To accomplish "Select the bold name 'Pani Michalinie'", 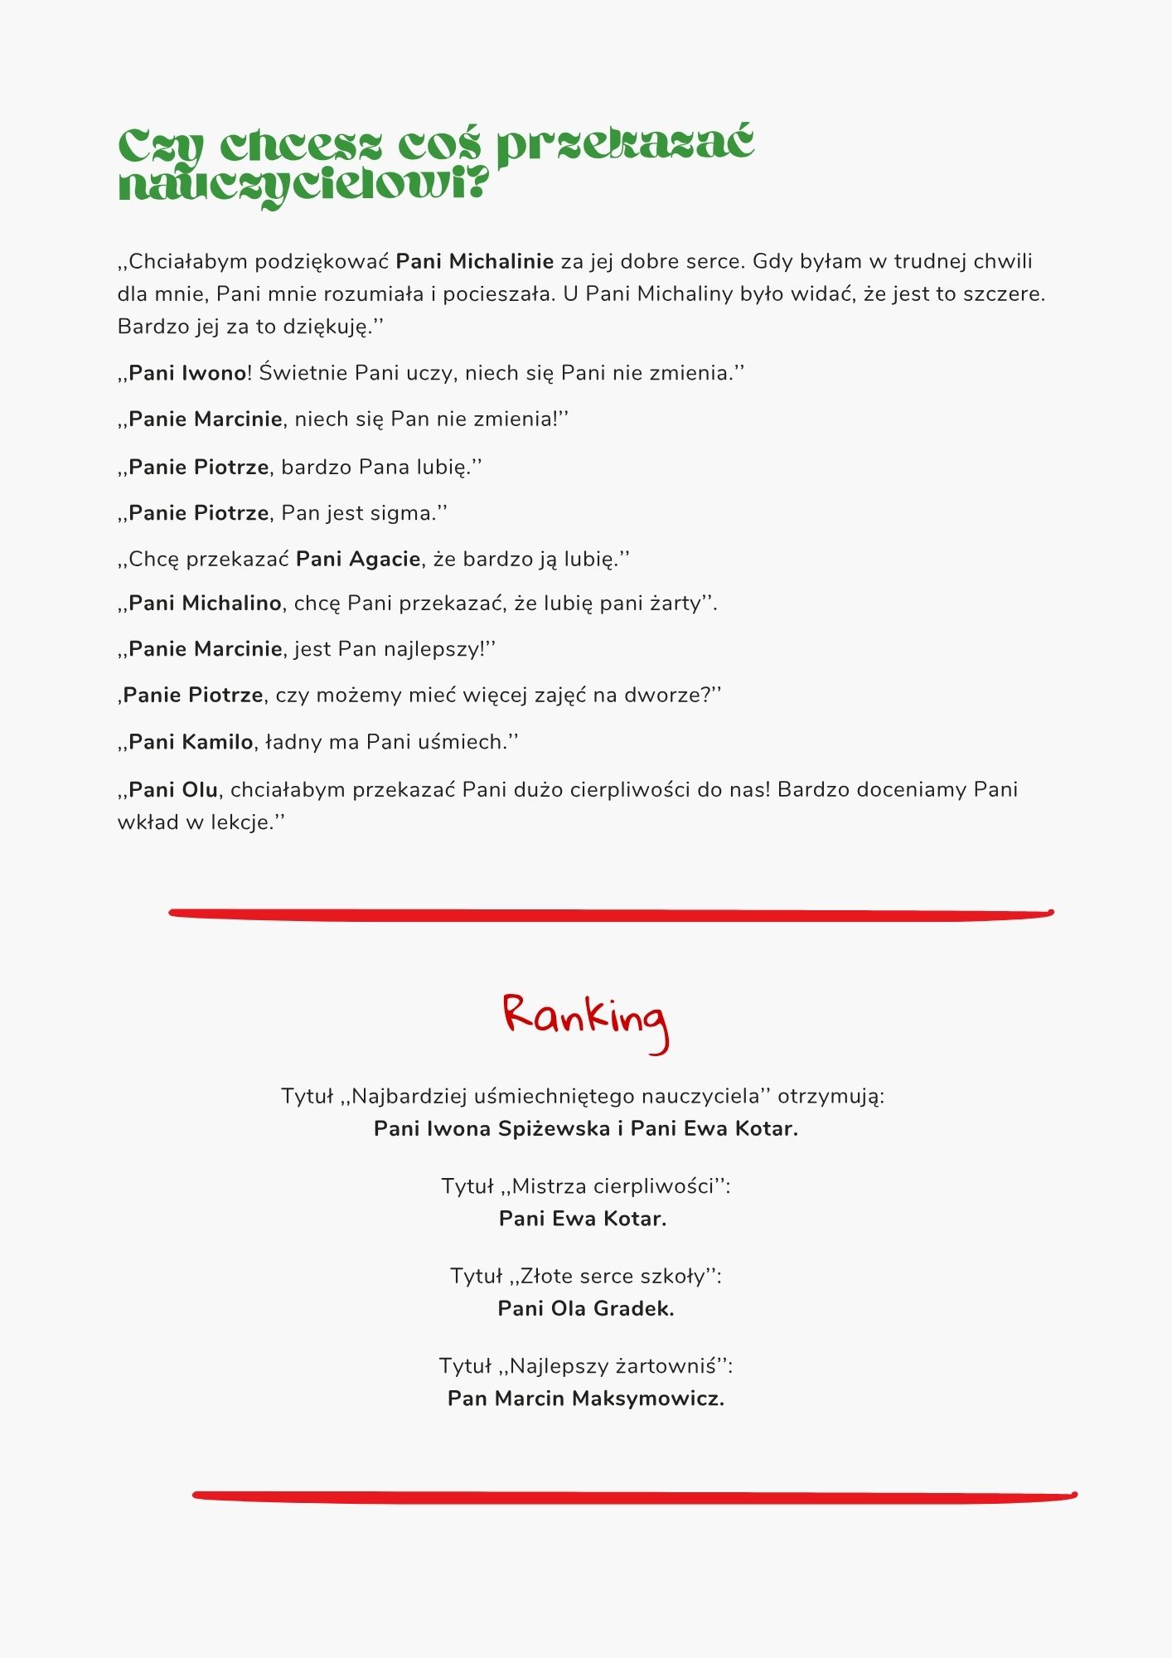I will click(474, 262).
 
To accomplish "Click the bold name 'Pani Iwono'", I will click(187, 373).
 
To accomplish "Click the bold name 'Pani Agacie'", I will click(358, 559).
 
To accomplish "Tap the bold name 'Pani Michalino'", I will click(205, 604).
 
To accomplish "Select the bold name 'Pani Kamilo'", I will click(191, 742).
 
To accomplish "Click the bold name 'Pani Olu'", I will click(173, 789).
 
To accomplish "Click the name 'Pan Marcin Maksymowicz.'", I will click(586, 1399).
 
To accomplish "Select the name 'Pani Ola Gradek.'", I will click(586, 1308).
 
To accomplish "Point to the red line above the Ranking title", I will click(611, 914).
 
